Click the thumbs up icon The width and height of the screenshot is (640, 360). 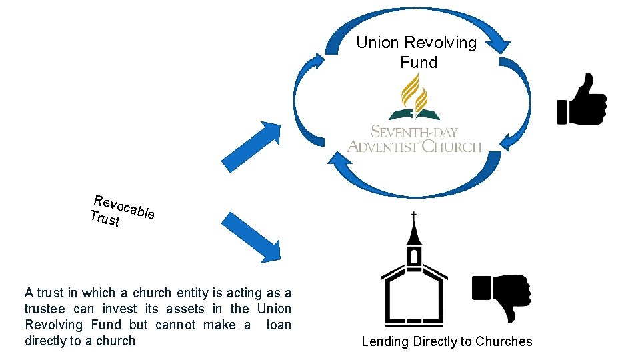tap(581, 99)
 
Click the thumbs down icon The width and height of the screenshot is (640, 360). tap(501, 296)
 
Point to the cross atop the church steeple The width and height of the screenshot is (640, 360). tap(413, 217)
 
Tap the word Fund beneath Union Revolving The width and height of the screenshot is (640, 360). tap(419, 63)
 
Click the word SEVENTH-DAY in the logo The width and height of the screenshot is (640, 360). tap(414, 131)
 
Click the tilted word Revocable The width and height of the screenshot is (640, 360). tap(125, 206)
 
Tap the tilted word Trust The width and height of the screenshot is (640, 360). tap(105, 218)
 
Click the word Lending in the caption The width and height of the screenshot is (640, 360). tap(385, 341)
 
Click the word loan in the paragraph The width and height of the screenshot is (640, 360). tap(279, 325)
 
